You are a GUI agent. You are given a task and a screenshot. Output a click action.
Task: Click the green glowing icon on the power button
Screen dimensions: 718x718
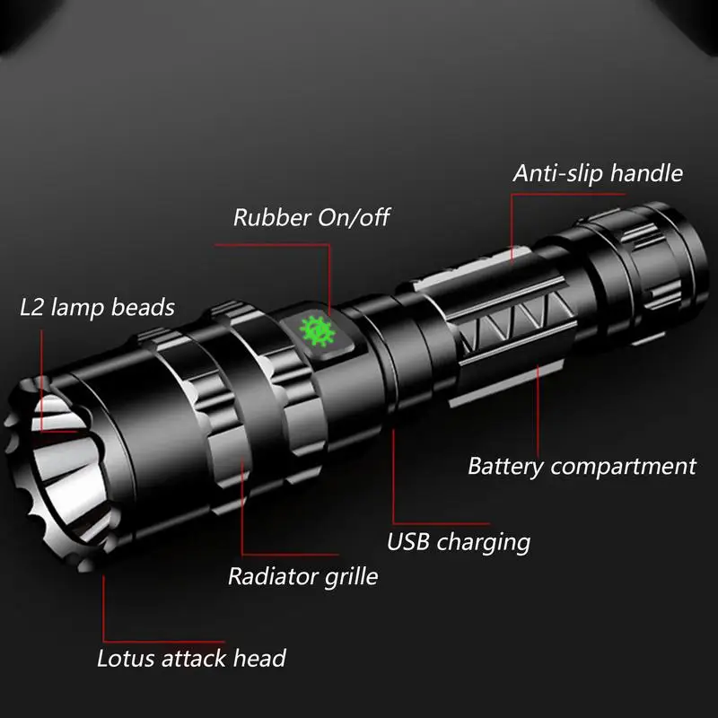coord(318,331)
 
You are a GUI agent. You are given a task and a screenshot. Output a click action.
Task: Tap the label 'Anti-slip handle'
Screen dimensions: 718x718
coord(598,173)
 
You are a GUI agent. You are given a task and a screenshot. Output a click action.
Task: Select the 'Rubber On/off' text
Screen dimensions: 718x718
coord(311,217)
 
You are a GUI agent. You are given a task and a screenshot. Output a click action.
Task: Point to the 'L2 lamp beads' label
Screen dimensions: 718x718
coord(97,307)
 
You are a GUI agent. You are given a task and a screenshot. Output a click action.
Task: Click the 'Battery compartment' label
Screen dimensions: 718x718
coord(582,467)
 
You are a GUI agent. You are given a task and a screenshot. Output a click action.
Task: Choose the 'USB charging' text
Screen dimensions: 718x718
coord(459,542)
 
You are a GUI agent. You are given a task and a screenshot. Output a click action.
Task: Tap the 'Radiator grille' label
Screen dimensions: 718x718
coord(303,576)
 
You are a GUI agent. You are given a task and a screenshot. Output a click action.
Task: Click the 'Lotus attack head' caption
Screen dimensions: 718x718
coord(191,659)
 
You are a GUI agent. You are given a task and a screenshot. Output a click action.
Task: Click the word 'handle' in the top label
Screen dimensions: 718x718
coord(646,173)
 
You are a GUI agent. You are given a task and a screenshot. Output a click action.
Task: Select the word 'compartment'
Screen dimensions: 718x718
coord(624,468)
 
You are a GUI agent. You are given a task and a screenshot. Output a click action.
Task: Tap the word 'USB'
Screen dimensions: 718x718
coord(408,541)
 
